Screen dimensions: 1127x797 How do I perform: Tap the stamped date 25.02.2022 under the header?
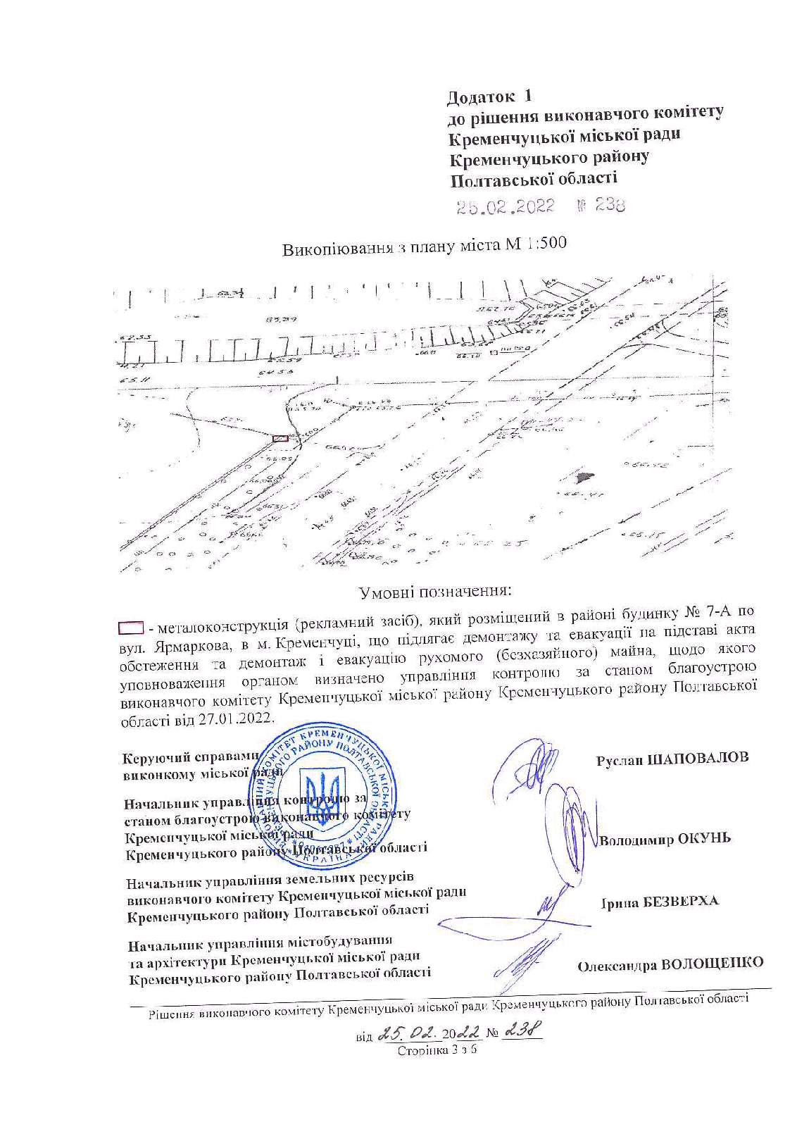[505, 206]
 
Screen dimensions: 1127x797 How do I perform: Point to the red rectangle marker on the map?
[280, 438]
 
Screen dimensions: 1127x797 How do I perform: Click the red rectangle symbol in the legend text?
[130, 625]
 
